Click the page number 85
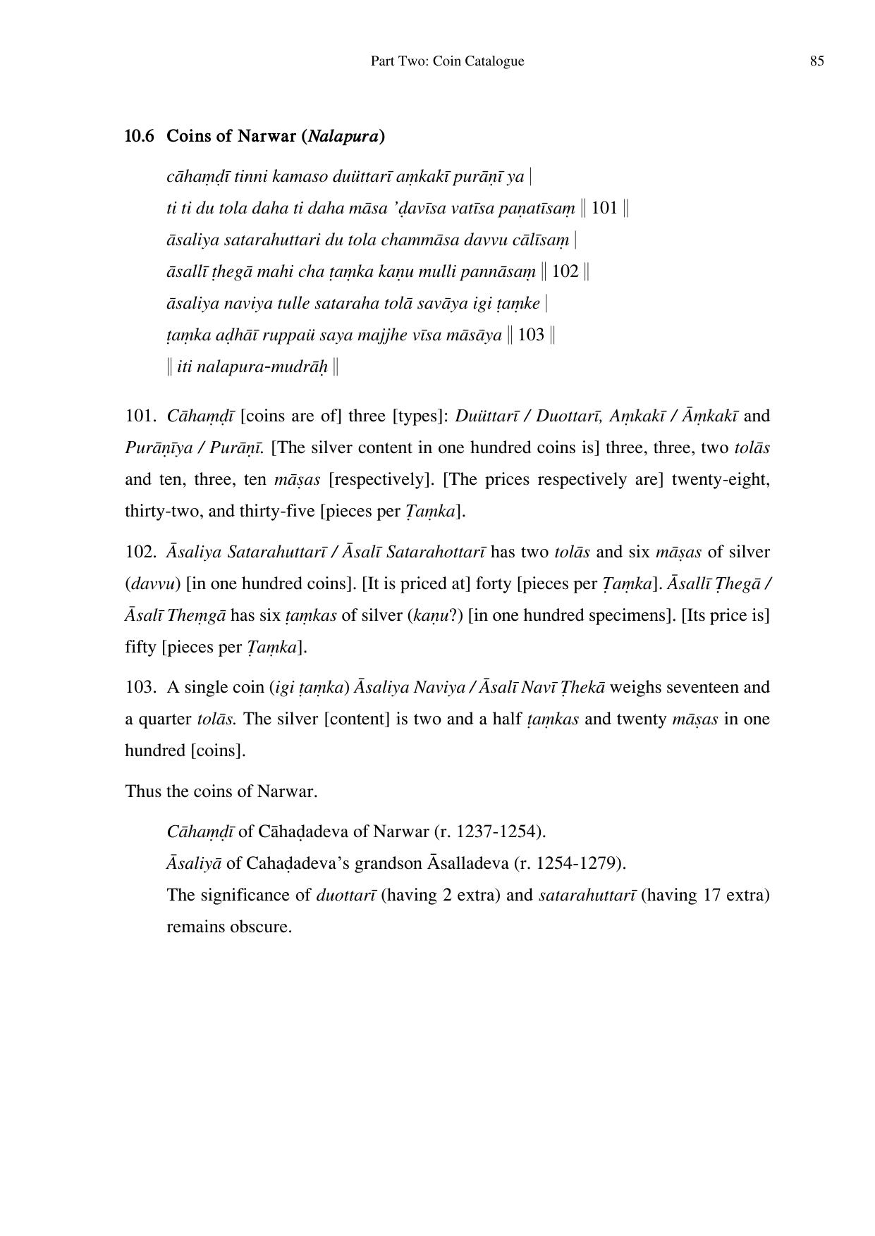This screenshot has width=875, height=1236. pos(816,61)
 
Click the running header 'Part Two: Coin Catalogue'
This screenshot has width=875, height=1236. pos(447,61)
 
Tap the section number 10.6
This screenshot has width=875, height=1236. pos(139,136)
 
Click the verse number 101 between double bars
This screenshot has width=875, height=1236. pos(604,208)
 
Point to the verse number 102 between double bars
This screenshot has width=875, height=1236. pos(565,271)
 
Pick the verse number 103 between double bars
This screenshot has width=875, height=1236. pos(531,335)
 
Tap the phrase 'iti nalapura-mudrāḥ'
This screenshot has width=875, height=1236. pos(252,366)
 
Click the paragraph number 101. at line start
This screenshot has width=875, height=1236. pos(140,416)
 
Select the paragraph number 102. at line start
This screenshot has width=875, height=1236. pos(140,552)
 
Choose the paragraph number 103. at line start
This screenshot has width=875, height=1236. pos(140,687)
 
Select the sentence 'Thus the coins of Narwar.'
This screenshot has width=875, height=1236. pos(221,791)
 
